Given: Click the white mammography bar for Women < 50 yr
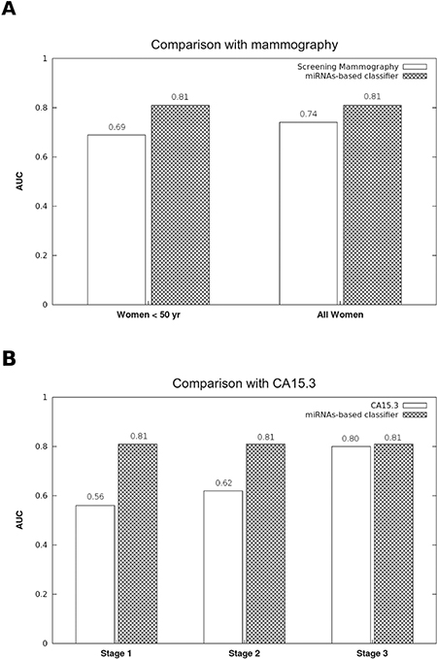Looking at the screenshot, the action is pyautogui.click(x=117, y=219).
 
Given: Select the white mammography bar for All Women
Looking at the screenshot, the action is pyautogui.click(x=308, y=214).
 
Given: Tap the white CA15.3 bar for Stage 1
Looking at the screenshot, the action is pyautogui.click(x=95, y=575).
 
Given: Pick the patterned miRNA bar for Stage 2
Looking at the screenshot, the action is pyautogui.click(x=265, y=544).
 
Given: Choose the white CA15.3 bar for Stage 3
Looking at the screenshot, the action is pyautogui.click(x=352, y=544).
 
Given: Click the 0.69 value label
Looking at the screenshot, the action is pyautogui.click(x=117, y=127).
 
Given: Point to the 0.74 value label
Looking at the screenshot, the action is pyautogui.click(x=308, y=114).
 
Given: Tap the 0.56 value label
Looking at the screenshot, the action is pyautogui.click(x=95, y=497).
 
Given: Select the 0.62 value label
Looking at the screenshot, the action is pyautogui.click(x=223, y=483).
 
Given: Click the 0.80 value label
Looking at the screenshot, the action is pyautogui.click(x=351, y=439).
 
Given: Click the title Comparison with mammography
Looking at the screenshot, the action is pyautogui.click(x=245, y=45).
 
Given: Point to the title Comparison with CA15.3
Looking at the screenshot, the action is pyautogui.click(x=244, y=383).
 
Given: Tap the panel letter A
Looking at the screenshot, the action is pyautogui.click(x=9, y=9).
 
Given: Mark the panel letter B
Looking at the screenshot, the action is pyautogui.click(x=9, y=360).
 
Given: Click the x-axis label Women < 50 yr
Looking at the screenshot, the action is pyautogui.click(x=149, y=314).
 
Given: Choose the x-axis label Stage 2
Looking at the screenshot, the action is pyautogui.click(x=245, y=653).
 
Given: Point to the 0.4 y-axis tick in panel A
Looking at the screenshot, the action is pyautogui.click(x=42, y=206).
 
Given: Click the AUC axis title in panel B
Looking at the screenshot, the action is pyautogui.click(x=19, y=520).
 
